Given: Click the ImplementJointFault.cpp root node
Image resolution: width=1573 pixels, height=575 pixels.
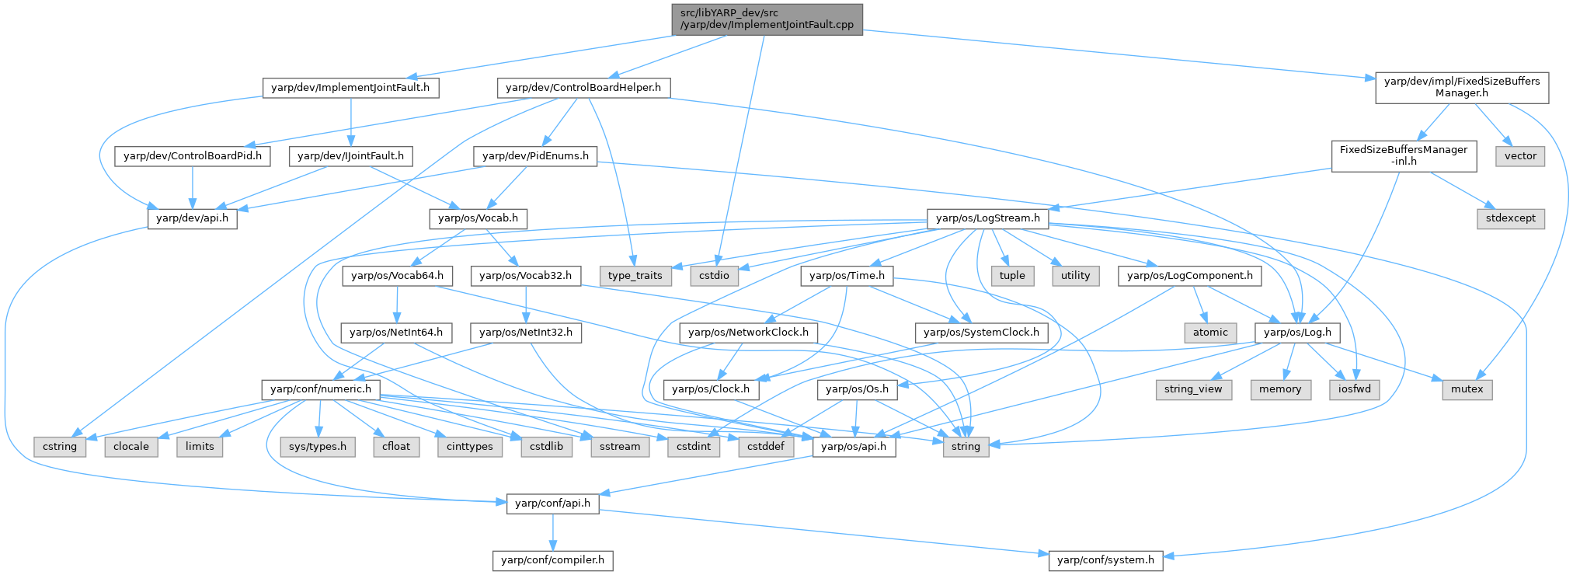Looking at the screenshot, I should pyautogui.click(x=767, y=19).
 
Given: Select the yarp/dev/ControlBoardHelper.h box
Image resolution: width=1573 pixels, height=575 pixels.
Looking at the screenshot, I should pyautogui.click(x=583, y=88).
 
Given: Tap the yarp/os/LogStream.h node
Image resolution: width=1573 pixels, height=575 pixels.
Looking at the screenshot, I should pyautogui.click(x=987, y=218).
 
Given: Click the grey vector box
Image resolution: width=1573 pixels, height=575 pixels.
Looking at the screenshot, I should pyautogui.click(x=1520, y=156).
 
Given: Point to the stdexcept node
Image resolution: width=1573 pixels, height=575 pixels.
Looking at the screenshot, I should pyautogui.click(x=1510, y=218).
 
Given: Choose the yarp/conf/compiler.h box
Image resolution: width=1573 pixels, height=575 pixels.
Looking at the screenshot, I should pyautogui.click(x=552, y=560).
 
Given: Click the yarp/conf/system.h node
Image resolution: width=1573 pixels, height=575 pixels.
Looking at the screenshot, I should pyautogui.click(x=1105, y=560).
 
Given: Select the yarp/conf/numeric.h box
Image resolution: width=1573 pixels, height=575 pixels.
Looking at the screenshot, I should pyautogui.click(x=320, y=389).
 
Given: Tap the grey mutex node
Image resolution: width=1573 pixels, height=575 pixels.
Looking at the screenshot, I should pyautogui.click(x=1467, y=389).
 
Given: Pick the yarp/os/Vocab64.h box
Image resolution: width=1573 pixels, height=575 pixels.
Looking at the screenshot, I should pyautogui.click(x=397, y=276).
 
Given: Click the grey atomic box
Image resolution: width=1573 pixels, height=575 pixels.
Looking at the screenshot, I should pyautogui.click(x=1210, y=333).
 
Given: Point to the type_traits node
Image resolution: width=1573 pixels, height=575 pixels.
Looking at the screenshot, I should pyautogui.click(x=635, y=276).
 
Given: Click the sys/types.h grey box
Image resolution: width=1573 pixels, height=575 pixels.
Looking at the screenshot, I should pyautogui.click(x=318, y=447).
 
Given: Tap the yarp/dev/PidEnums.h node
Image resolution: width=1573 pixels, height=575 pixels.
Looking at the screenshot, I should pyautogui.click(x=535, y=156).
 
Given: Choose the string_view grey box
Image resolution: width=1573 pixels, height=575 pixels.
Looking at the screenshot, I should pyautogui.click(x=1193, y=389).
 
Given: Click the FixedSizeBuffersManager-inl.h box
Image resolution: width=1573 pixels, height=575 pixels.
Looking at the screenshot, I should pyautogui.click(x=1403, y=155).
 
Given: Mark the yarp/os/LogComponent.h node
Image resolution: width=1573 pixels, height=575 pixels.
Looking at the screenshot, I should pyautogui.click(x=1189, y=276).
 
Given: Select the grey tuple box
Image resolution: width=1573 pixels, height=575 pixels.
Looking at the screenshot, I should pyautogui.click(x=1012, y=276).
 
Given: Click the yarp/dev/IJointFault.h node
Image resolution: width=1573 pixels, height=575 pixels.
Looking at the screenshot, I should pyautogui.click(x=350, y=156).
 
